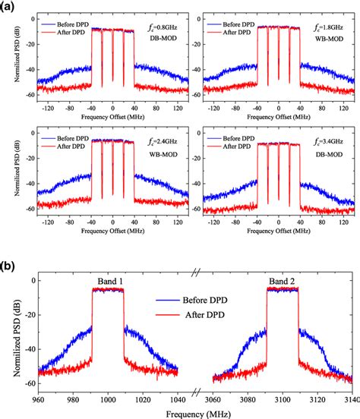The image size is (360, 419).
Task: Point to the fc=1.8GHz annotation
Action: point(328,25)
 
